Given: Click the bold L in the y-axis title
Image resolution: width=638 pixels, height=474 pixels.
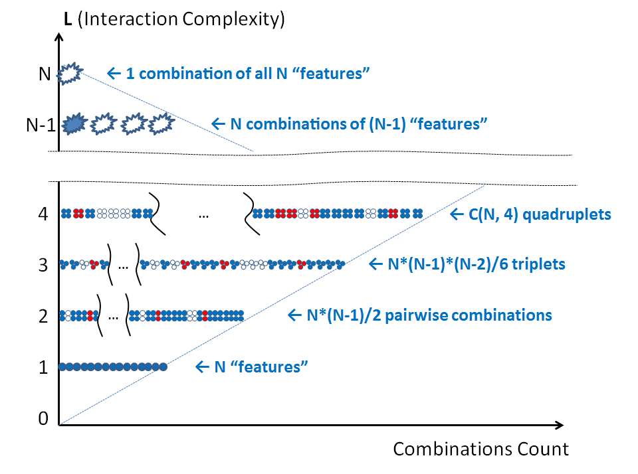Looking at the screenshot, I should [x=67, y=19].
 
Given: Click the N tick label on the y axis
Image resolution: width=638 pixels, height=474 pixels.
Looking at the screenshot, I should [x=45, y=73].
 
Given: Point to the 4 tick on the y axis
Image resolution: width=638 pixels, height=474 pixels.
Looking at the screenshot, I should [x=44, y=214].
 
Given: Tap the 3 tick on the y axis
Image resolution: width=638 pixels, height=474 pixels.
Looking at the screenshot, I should [x=44, y=265].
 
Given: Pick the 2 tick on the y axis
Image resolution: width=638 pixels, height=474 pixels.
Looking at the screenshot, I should [x=44, y=316].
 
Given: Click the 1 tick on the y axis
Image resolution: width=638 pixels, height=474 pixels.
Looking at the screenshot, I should [x=44, y=366].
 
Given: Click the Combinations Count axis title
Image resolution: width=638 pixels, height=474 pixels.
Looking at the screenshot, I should [x=480, y=449].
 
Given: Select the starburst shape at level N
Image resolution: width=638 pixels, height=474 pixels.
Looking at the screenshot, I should [x=69, y=73].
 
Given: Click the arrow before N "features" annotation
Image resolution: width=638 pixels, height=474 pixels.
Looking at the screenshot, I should [x=201, y=366].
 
